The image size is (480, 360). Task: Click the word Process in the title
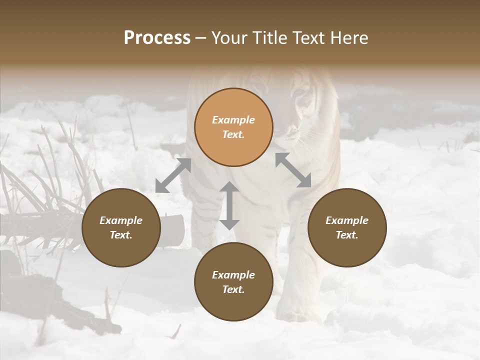coord(157,38)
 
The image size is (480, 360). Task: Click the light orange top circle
coord(233,127)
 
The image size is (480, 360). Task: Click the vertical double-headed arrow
coord(229,205)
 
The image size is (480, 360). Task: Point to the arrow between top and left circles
coord(173,175)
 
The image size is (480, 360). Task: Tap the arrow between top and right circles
coord(293,170)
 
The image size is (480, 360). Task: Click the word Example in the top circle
coord(233,120)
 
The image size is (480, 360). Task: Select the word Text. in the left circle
coord(121,235)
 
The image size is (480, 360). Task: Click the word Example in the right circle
coord(346,220)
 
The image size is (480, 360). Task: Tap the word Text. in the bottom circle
coord(233,289)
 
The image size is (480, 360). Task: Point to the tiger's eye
coord(302,93)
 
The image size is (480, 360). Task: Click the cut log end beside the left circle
coord(174,230)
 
